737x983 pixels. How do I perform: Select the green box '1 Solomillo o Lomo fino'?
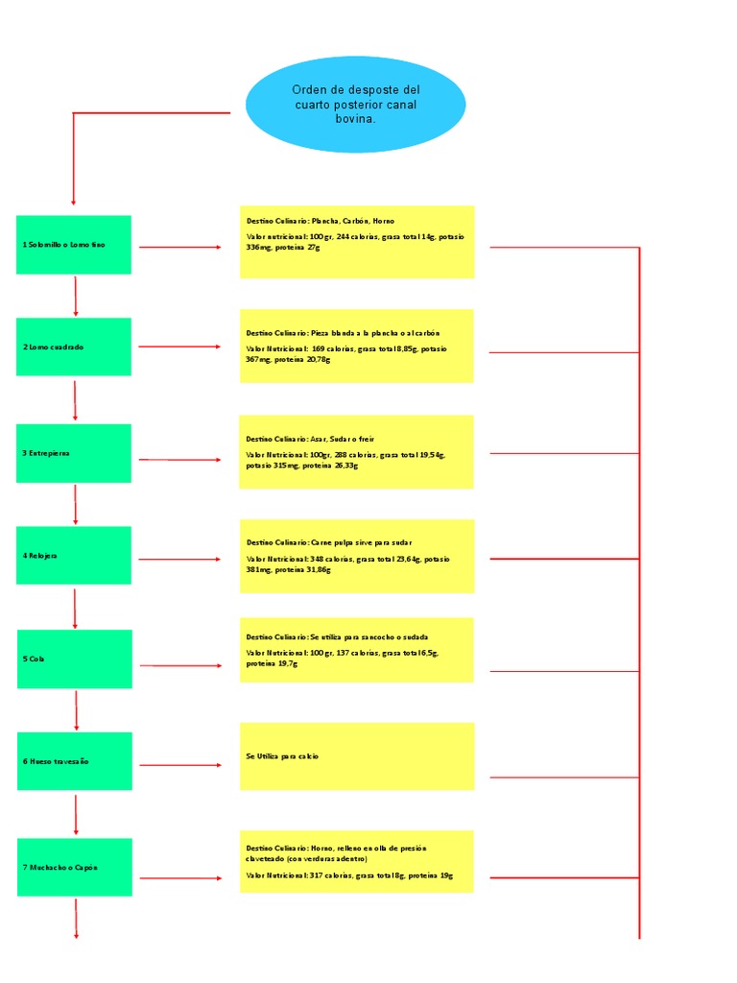[74, 245]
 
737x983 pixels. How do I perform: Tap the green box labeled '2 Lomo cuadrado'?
[74, 347]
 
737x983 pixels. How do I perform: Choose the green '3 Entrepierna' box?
[74, 452]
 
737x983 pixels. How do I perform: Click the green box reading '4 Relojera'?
[74, 555]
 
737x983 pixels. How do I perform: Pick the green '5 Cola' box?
[74, 659]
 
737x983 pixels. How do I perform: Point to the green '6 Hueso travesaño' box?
[74, 761]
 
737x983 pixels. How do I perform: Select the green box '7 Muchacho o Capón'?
[74, 867]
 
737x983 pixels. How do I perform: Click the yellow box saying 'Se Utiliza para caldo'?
[357, 756]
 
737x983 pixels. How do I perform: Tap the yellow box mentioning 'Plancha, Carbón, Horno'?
[357, 242]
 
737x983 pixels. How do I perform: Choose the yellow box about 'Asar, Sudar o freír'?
[357, 451]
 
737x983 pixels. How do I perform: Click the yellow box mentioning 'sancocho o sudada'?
[357, 650]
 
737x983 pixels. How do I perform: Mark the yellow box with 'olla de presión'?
[357, 861]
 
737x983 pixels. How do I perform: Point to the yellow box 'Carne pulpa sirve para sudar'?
[357, 556]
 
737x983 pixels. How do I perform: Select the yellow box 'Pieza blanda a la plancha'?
[357, 346]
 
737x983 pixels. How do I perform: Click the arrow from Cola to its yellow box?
[180, 665]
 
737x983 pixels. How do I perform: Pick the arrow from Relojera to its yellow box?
[180, 559]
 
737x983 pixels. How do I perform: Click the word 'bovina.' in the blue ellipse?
[355, 120]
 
